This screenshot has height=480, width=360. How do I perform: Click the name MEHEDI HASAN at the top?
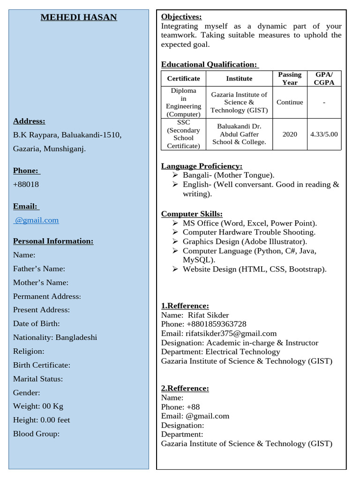(79, 18)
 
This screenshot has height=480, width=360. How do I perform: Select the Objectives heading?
(181, 17)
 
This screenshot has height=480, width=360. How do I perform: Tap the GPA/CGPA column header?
(324, 78)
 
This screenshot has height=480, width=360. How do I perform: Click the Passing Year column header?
(290, 78)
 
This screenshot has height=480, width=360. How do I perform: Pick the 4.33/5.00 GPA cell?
(324, 134)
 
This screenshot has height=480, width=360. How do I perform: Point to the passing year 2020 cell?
(290, 134)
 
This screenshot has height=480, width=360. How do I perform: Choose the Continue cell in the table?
(290, 102)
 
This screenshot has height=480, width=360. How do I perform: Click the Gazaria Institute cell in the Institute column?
(239, 102)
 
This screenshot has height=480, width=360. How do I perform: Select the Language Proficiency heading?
(202, 166)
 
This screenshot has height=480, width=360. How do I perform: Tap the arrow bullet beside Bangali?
(175, 175)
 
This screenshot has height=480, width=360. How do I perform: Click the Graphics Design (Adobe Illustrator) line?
(245, 241)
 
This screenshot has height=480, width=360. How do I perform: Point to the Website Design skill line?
(255, 269)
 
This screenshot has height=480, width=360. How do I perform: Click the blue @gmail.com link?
(37, 220)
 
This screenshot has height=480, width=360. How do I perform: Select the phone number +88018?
(26, 184)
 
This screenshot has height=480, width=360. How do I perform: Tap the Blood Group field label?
(36, 434)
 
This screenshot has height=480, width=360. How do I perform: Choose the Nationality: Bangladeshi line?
(55, 337)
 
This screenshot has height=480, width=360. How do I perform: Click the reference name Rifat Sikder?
(208, 315)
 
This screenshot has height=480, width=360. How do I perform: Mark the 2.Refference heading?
(185, 388)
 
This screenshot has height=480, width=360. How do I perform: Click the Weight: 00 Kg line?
(38, 406)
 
